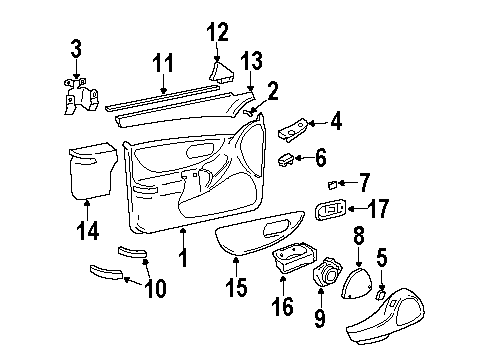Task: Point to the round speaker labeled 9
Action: tap(326, 275)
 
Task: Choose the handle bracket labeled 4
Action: tap(295, 128)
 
